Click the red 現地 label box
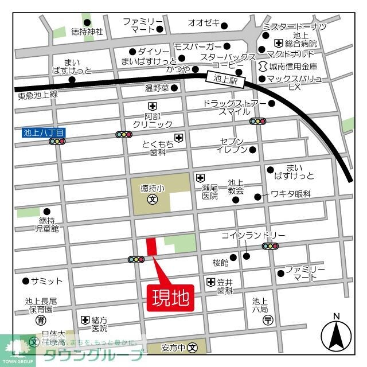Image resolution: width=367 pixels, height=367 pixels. (171, 298)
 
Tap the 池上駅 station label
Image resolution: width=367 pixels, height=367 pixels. (227, 79)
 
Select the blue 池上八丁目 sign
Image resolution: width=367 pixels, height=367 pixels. (44, 132)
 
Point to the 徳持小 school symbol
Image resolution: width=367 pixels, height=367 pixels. (153, 200)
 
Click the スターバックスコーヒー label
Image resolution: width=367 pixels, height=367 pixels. (228, 62)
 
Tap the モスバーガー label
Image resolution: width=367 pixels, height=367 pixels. (197, 46)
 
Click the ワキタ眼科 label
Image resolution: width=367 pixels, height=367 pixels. (290, 195)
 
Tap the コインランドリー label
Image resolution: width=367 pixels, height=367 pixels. (253, 236)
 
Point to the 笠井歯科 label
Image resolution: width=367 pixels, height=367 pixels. (224, 286)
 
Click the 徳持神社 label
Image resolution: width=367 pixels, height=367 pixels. (87, 32)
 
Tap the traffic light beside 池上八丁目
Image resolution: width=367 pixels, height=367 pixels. (57, 141)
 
